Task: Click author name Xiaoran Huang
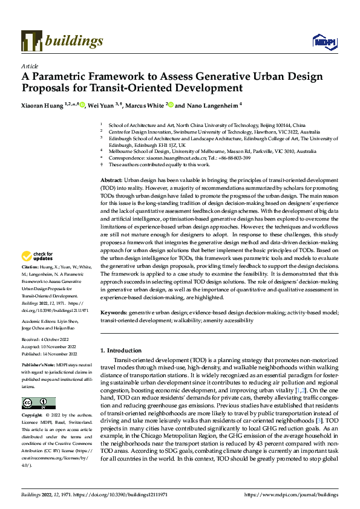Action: click(42, 105)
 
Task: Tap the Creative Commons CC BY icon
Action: click(38, 403)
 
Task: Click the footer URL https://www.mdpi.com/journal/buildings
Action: click(293, 495)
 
